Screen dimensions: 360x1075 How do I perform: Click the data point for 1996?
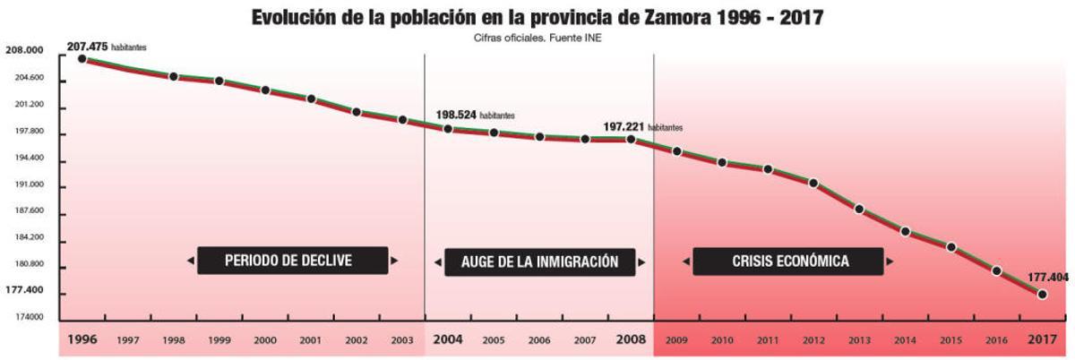click(x=82, y=59)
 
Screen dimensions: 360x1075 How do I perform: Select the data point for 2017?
click(x=1042, y=295)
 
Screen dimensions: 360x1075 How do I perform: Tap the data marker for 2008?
click(x=631, y=140)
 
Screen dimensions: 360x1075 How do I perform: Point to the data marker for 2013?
click(x=859, y=210)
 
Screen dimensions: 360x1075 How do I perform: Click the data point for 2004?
click(x=448, y=129)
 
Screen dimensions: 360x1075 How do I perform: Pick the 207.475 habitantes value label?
click(x=106, y=46)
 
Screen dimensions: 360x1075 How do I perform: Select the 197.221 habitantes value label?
click(x=642, y=127)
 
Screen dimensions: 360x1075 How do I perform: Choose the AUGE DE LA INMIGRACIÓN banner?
click(x=539, y=261)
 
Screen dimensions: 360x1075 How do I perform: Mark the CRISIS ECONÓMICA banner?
click(x=790, y=261)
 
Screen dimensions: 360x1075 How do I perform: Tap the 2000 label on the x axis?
click(x=265, y=341)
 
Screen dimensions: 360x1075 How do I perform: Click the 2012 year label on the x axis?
click(x=813, y=341)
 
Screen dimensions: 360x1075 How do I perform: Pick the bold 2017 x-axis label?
click(x=1041, y=340)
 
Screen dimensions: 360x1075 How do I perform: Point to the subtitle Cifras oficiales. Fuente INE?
click(x=537, y=38)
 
